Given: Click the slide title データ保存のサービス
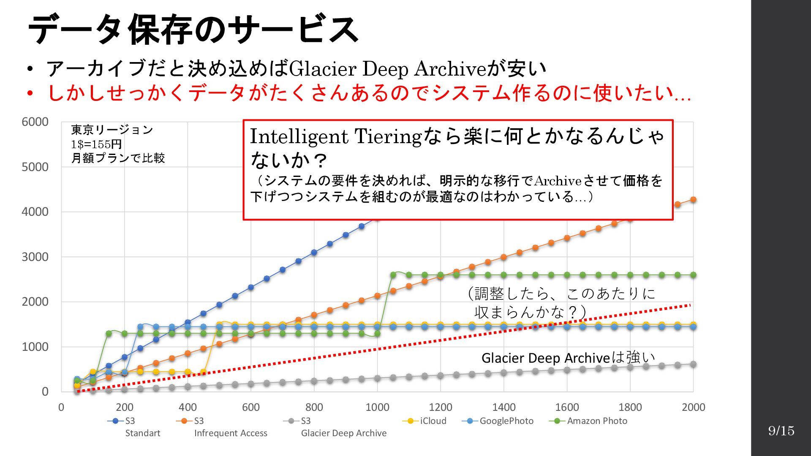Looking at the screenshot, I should pos(193,30).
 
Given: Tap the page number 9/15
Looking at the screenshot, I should pos(781,431).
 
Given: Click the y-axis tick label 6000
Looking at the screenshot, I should pos(35,122).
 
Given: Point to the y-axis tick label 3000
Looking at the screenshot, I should pos(35,257).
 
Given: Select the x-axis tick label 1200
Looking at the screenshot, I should pos(440,407).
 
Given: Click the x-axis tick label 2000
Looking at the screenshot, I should pos(693,407).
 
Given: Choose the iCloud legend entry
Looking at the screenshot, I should pos(425,421).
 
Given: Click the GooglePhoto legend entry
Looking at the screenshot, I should pos(498,421).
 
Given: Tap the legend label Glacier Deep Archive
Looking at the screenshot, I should pos(343,433).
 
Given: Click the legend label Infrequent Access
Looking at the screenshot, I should pos(231,433).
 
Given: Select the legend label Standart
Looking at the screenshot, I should pos(143,433).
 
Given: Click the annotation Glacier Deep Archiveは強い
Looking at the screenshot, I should pos(568,358).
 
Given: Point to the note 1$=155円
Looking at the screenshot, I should pos(96,144).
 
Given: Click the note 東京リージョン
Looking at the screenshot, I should pos(112,130).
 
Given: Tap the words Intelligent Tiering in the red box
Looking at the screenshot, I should pos(335,137).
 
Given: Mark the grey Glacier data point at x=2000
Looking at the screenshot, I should pos(693,364).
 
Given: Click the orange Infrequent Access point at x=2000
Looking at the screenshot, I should pos(693,200).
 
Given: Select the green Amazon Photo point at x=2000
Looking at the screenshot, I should pos(693,275).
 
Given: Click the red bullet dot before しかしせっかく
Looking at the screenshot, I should pos(30,93).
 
